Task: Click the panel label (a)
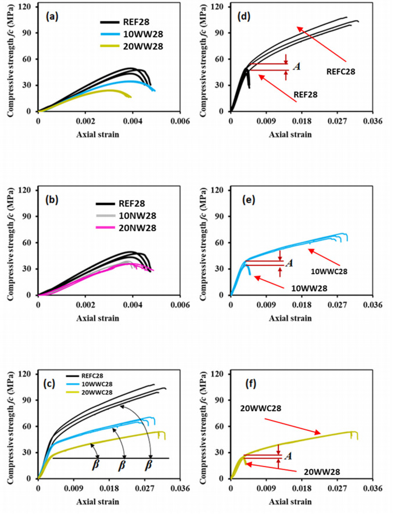pos(52,17)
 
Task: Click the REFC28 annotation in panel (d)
pos(340,72)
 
